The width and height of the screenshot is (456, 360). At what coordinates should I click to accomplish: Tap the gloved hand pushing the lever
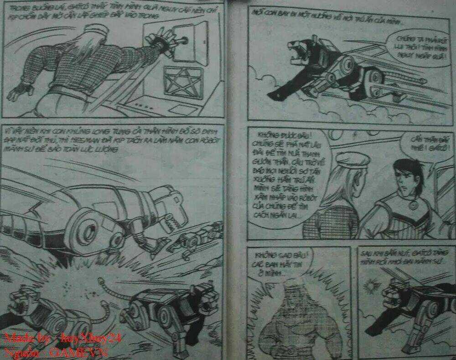pyautogui.click(x=161, y=40)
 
